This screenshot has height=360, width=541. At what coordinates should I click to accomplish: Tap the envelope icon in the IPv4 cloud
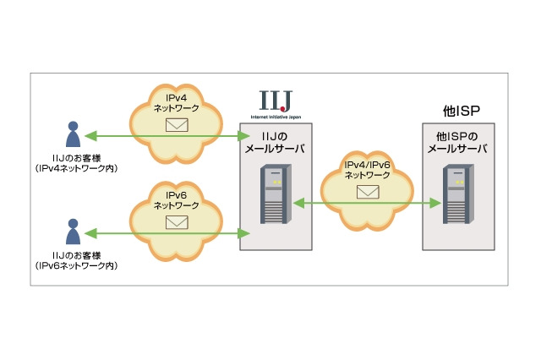tap(177, 125)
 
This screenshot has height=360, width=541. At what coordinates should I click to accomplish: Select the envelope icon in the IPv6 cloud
tap(177, 222)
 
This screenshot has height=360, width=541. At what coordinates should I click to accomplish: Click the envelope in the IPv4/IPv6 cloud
tap(368, 191)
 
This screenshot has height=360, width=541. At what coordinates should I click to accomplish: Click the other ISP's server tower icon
tap(456, 195)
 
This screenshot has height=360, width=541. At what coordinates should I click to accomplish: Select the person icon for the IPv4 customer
tap(74, 135)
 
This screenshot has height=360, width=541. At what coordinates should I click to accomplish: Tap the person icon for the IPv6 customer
tap(74, 232)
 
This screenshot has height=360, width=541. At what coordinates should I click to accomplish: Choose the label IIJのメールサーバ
tap(275, 142)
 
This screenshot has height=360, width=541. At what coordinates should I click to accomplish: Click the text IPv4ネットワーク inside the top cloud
tap(177, 104)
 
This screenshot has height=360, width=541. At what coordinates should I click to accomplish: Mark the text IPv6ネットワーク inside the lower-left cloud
tap(177, 200)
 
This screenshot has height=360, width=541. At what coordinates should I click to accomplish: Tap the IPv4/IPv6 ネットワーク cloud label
tap(368, 170)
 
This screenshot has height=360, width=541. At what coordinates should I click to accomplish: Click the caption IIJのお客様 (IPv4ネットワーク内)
tap(76, 164)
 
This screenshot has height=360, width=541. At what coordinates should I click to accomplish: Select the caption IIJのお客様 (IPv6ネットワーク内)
tap(76, 260)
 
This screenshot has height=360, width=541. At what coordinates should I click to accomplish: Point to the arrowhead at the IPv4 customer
tap(90, 135)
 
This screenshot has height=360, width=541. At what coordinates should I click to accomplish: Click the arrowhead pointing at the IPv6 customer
tap(90, 232)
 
